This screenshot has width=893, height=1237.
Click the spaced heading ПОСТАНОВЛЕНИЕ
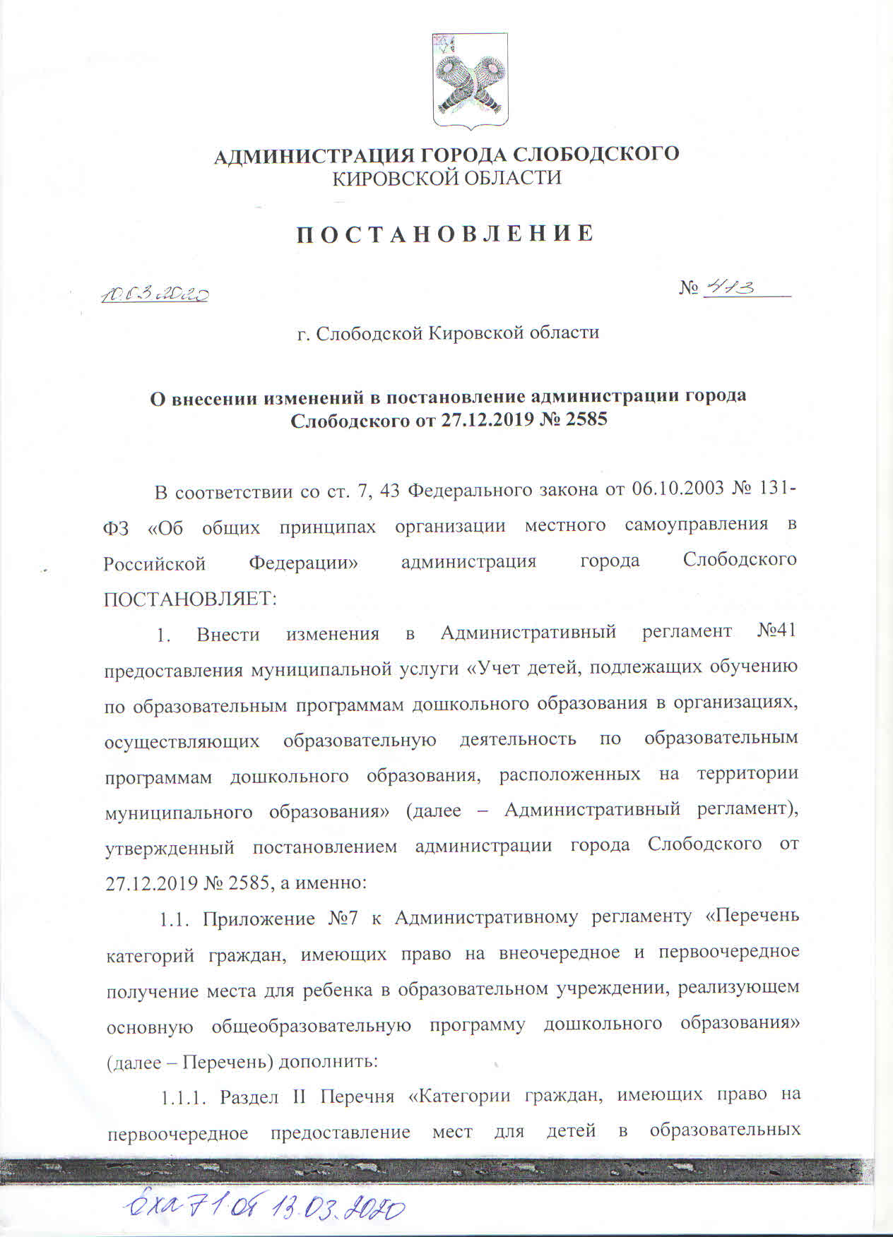445,234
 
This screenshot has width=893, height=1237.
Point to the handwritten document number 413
731,287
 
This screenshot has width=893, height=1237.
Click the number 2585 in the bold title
585,420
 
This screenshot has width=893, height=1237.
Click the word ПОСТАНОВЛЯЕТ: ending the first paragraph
191,599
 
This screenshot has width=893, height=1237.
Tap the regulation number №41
776,631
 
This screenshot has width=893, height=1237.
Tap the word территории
747,774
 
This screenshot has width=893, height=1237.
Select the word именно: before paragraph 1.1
329,883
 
